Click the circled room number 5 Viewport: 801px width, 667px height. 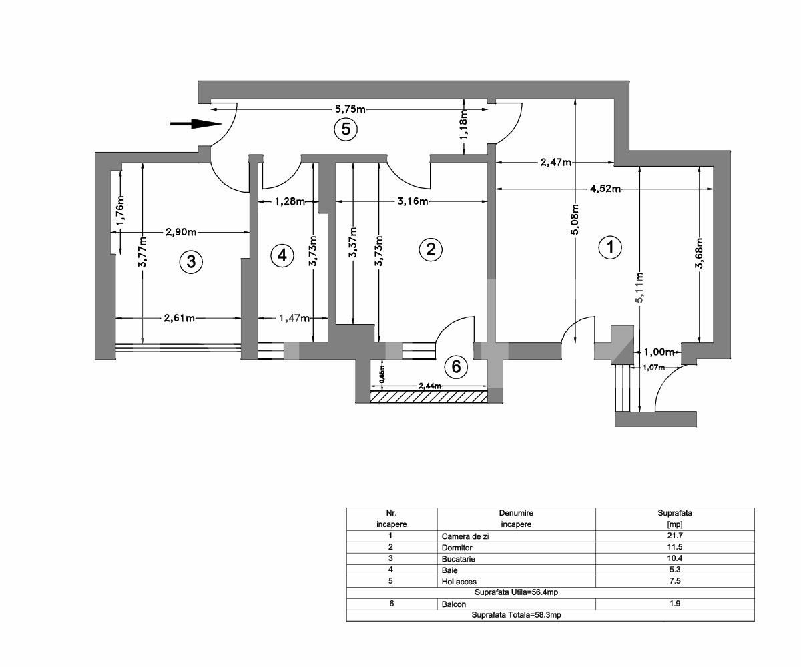tap(346, 129)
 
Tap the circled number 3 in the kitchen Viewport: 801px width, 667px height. tap(191, 262)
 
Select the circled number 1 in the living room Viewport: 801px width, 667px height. tap(609, 247)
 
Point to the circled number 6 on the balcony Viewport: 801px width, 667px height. tap(456, 366)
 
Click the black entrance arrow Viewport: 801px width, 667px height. tap(195, 123)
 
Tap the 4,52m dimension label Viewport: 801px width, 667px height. tap(605, 189)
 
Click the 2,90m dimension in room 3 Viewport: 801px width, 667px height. tap(181, 232)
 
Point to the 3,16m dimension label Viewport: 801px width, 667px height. tap(412, 201)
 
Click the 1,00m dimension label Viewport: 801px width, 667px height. tap(659, 352)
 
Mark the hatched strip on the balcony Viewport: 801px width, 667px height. tap(429, 396)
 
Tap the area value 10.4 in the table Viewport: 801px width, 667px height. tap(674, 558)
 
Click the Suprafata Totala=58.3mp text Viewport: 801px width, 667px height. tap(516, 615)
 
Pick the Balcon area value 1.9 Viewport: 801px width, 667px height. tap(674, 604)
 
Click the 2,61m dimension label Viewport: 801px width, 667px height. tap(180, 318)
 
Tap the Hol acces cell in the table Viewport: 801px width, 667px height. tap(459, 581)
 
